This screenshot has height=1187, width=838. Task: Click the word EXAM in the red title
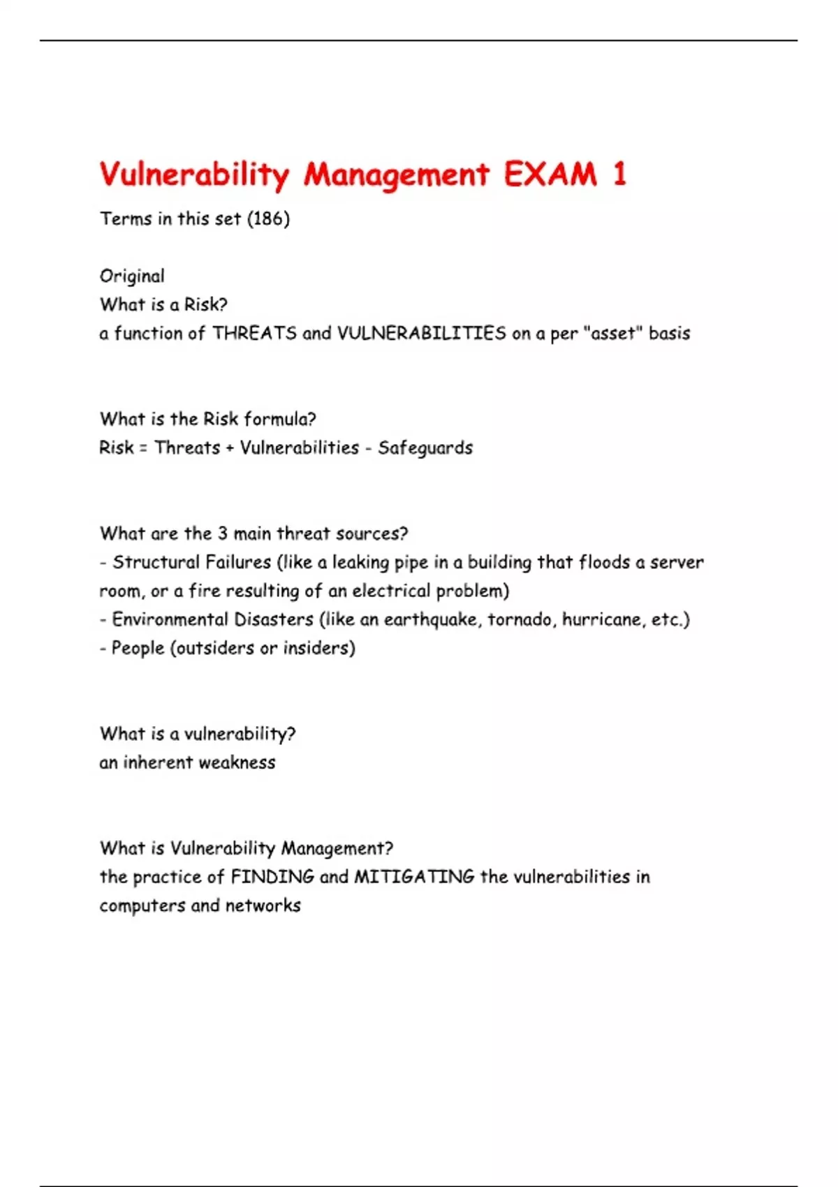[550, 175]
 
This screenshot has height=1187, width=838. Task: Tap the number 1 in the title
[619, 175]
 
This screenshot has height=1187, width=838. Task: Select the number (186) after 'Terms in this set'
[268, 219]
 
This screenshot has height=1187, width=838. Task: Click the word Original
[132, 277]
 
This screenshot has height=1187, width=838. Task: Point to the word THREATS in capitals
[254, 334]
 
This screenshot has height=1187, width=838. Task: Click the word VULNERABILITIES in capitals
[421, 334]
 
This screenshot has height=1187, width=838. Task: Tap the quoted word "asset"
[612, 334]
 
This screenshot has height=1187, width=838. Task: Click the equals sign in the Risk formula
[143, 448]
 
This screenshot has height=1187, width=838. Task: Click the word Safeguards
[425, 448]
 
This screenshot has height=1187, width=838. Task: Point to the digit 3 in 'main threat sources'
[222, 534]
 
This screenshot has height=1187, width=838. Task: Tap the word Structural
[156, 563]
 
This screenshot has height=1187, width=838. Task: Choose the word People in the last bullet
[138, 649]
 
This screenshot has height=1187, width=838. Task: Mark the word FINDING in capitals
[272, 877]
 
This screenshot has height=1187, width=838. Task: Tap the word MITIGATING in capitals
[414, 877]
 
